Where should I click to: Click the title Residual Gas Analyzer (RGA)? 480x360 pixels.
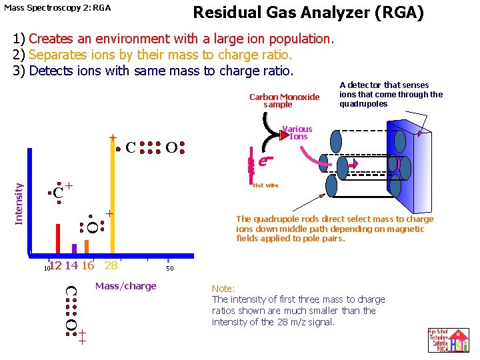(x=308, y=13)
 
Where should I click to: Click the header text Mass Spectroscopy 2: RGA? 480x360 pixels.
(x=57, y=8)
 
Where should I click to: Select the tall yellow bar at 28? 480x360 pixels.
(x=113, y=200)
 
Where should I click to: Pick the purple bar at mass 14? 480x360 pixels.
(x=74, y=249)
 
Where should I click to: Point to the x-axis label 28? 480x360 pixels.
(x=111, y=265)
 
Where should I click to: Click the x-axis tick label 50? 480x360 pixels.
(x=170, y=269)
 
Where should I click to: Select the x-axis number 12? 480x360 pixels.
(x=56, y=265)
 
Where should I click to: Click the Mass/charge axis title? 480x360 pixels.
(x=126, y=286)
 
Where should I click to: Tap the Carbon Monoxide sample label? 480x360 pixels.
(x=285, y=101)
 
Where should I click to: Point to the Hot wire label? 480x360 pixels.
(x=265, y=185)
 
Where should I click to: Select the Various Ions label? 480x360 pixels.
(x=297, y=133)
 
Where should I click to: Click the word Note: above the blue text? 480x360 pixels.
(x=223, y=289)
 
